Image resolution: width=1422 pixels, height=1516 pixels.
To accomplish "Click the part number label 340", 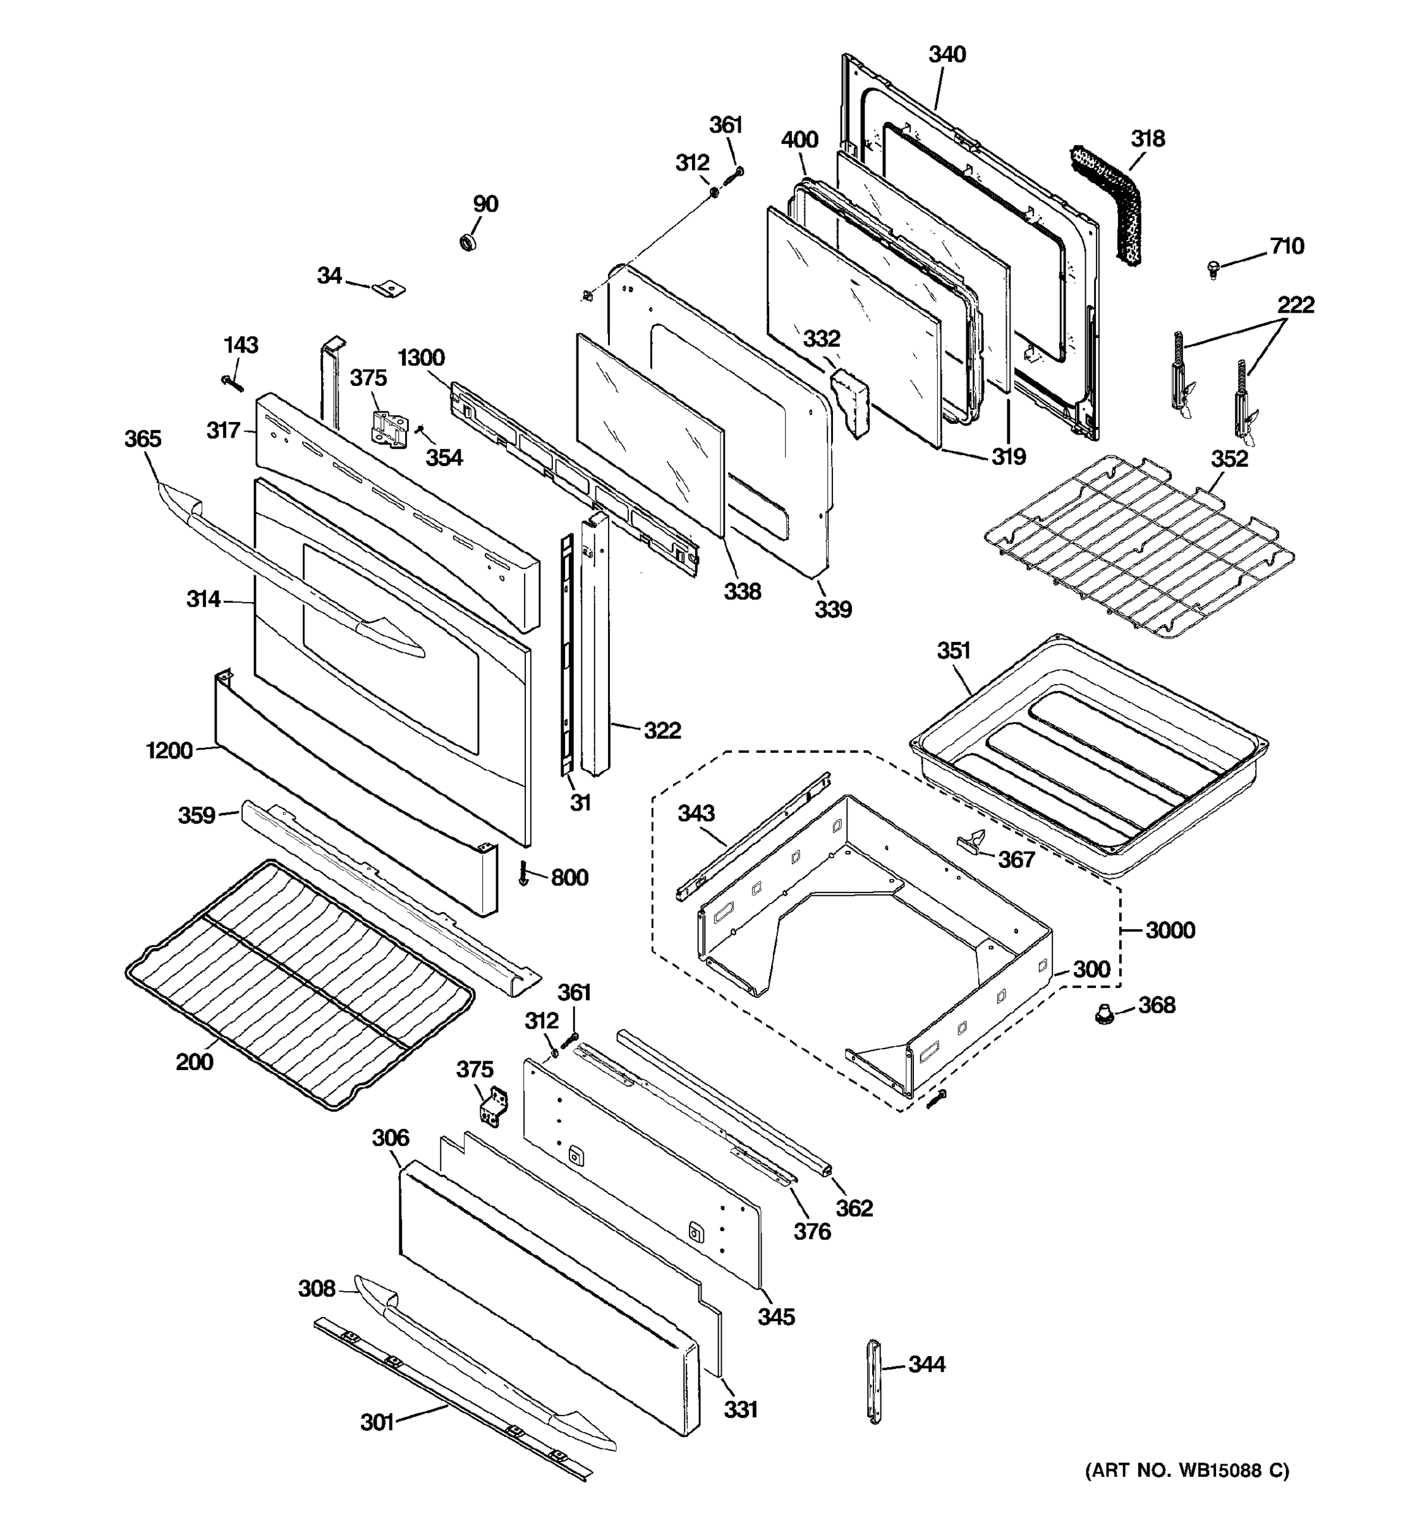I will (947, 55).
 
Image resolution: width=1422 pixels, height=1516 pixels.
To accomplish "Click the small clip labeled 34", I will (389, 289).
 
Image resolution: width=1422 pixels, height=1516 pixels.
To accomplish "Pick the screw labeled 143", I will (232, 383).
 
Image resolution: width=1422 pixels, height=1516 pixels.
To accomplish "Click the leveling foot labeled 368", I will (1101, 1014).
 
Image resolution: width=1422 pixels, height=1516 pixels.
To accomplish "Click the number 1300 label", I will (421, 358).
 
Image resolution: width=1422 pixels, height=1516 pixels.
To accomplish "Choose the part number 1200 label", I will (169, 750).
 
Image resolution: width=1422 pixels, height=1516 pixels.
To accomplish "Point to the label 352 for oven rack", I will (1229, 459).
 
